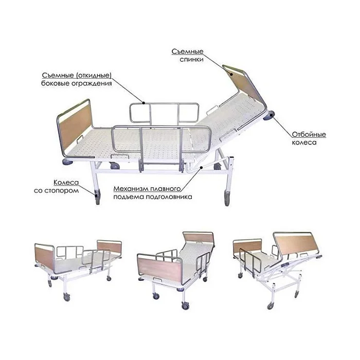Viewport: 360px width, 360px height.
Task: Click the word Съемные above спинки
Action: coord(187,51)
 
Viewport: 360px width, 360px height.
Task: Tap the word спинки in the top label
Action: coord(191,60)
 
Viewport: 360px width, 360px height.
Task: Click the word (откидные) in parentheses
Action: coord(94,75)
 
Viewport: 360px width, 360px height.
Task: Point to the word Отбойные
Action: coord(309,134)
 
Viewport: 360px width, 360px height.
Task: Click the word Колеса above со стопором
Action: coord(66,183)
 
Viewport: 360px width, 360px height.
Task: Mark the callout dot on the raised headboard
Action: coord(231,75)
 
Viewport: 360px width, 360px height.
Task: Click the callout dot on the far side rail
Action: coord(143,103)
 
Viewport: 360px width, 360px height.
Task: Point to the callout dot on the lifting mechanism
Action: coord(201,168)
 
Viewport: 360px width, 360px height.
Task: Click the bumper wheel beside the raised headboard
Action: coord(269,116)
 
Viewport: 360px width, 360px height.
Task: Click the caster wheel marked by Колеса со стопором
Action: coord(98,197)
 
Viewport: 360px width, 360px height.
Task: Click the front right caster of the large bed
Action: coord(227,198)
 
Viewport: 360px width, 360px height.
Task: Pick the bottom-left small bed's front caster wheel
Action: coord(67,297)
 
